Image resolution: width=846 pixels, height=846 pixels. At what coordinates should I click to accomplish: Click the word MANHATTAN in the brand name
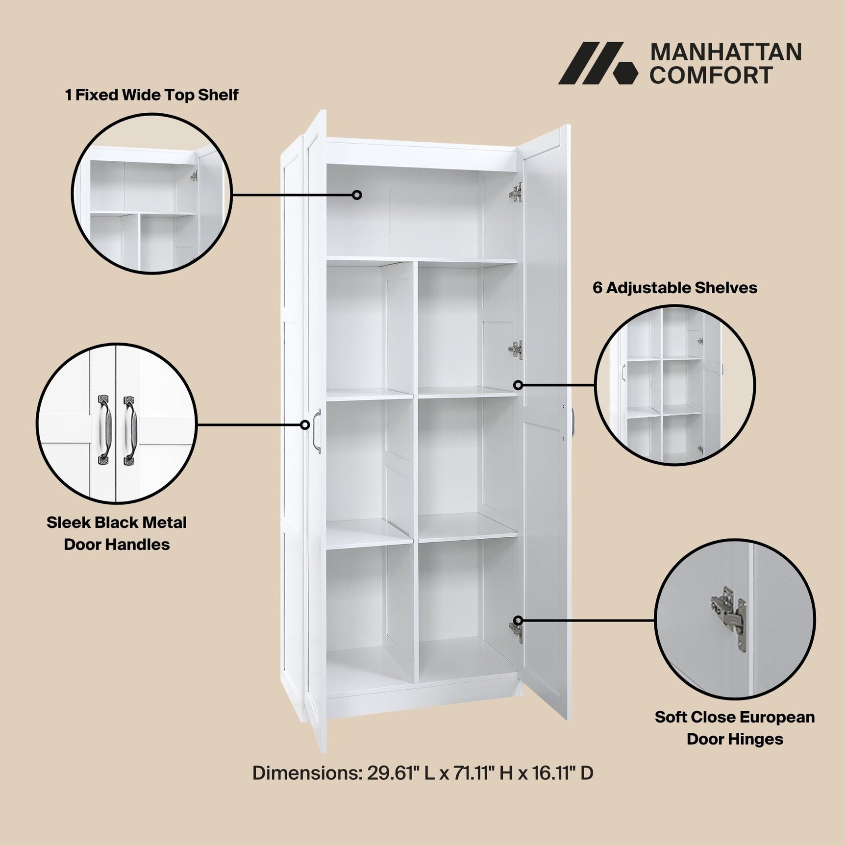725,52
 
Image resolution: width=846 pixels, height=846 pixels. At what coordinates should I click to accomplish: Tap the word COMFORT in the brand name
711,75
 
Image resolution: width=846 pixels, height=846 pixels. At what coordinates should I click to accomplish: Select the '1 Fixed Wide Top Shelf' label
151,95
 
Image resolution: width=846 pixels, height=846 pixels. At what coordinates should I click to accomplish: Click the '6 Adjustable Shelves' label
674,288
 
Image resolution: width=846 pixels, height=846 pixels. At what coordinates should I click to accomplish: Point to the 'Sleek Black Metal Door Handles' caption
117,533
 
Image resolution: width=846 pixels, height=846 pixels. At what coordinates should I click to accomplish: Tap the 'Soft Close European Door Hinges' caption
734,728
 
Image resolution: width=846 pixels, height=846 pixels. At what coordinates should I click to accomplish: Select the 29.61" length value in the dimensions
391,773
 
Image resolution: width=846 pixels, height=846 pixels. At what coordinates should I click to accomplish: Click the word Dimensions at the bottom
307,773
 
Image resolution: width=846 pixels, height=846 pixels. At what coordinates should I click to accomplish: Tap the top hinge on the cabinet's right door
516,193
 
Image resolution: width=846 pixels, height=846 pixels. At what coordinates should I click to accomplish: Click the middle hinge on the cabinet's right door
516,350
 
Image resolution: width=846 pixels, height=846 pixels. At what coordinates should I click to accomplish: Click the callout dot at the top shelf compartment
357,195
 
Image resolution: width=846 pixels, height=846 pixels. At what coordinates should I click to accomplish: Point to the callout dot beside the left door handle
305,425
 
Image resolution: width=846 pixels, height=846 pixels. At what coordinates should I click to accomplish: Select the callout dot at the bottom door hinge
518,621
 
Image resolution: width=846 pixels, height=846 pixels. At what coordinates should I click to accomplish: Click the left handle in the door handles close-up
104,430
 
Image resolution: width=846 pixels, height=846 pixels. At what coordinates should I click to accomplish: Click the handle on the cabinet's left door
316,431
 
